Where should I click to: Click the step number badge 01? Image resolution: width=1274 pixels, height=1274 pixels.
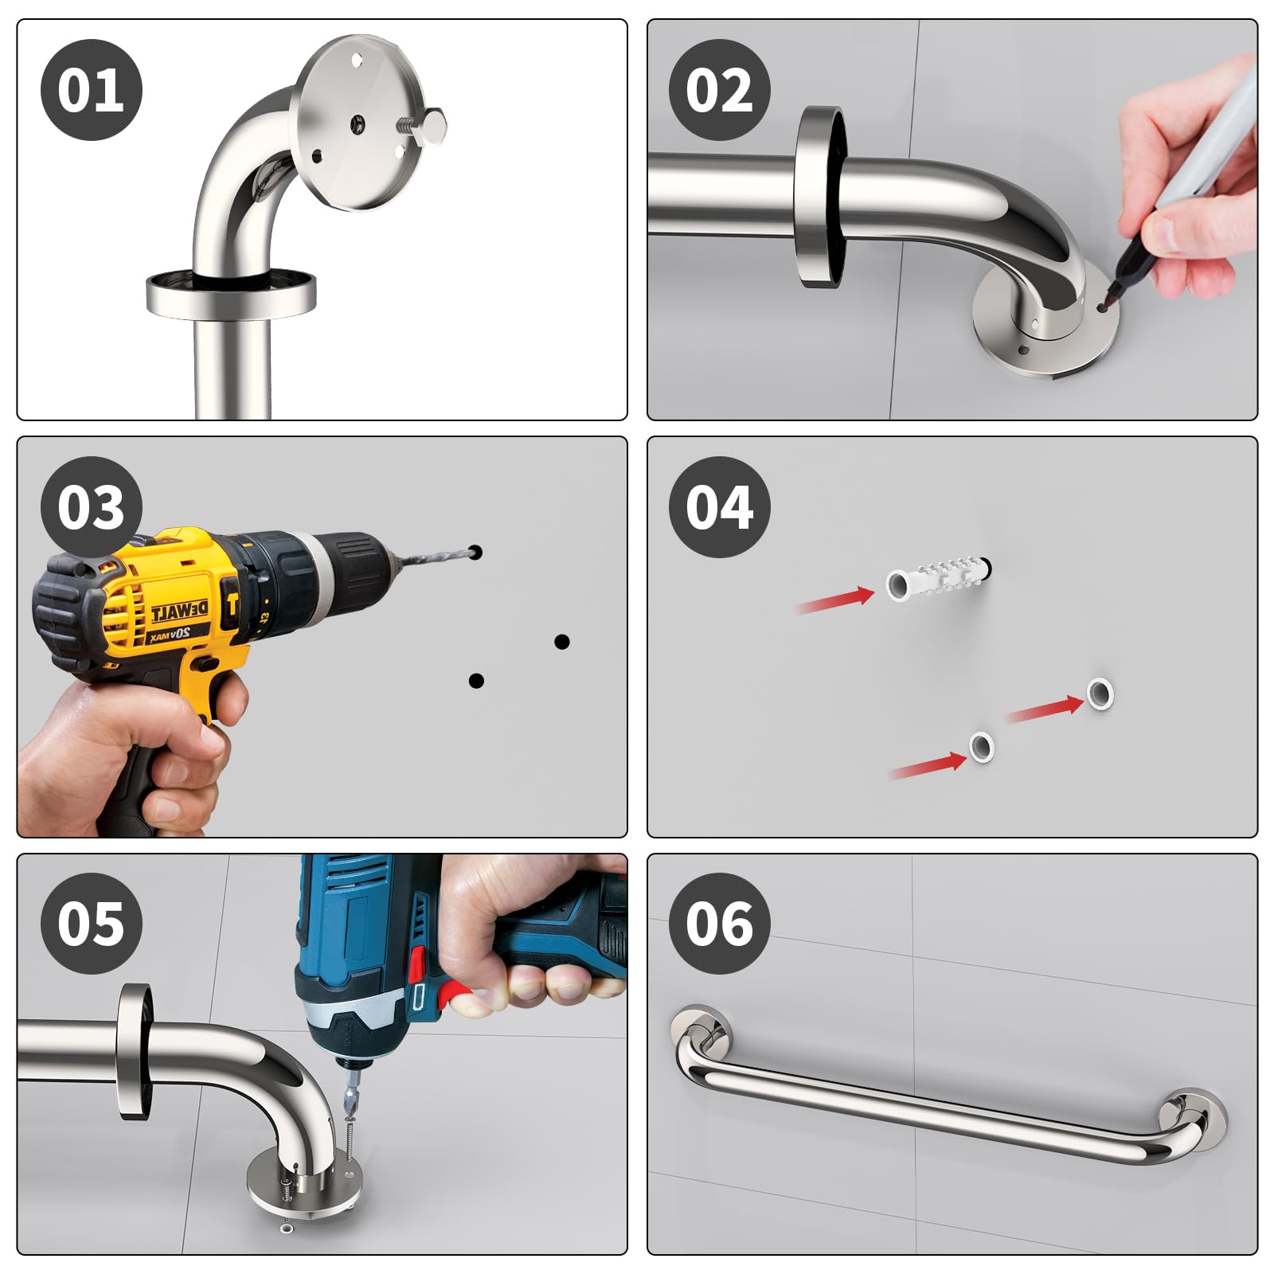click(x=91, y=90)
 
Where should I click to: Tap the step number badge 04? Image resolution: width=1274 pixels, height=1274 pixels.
click(x=720, y=507)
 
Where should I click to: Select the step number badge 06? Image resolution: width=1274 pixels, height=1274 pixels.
click(x=720, y=924)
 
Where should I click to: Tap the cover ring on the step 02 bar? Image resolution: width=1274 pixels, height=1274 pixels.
click(x=819, y=197)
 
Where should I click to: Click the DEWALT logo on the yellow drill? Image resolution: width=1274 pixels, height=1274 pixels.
click(x=180, y=612)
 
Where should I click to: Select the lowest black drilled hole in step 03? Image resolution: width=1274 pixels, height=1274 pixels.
click(x=476, y=681)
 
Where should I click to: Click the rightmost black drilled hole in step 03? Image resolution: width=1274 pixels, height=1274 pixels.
click(x=561, y=642)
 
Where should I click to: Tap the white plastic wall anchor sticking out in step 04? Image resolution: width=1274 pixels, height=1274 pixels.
click(x=938, y=579)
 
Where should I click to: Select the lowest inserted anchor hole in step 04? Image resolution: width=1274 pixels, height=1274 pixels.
click(x=981, y=747)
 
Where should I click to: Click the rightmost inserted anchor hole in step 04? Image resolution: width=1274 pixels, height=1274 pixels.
click(x=1100, y=694)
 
